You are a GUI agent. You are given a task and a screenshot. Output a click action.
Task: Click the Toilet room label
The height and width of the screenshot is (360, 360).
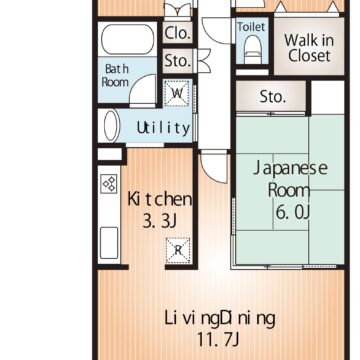(x=251, y=27)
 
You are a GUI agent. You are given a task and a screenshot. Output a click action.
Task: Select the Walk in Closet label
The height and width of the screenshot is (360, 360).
(x=309, y=48)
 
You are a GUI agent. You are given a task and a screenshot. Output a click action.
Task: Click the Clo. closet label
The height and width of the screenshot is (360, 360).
(x=178, y=33)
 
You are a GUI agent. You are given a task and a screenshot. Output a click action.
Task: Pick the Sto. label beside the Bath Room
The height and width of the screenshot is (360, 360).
(x=178, y=61)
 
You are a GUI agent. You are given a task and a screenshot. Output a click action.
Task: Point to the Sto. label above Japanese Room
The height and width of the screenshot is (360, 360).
(x=273, y=97)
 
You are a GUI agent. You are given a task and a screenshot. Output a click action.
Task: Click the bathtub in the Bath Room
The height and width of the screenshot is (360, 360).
(x=128, y=39)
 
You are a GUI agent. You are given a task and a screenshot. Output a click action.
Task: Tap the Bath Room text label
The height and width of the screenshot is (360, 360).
(x=115, y=76)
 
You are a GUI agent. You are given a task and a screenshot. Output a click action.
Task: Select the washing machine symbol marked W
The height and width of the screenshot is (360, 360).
(x=177, y=93)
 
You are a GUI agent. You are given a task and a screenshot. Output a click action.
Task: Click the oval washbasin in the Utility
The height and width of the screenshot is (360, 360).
(x=111, y=125)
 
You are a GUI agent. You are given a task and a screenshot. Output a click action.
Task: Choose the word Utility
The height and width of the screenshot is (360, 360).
(x=163, y=128)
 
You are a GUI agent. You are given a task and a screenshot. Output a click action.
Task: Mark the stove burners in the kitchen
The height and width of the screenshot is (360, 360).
(x=109, y=184)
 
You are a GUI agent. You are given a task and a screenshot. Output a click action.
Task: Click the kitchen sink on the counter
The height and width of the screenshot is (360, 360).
(x=109, y=243)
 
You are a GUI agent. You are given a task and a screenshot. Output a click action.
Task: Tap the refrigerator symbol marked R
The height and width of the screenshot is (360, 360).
(x=178, y=250)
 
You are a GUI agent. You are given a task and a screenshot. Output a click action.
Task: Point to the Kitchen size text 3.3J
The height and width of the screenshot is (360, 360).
(x=159, y=221)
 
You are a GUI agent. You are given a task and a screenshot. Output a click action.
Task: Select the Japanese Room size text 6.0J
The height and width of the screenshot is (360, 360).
(x=293, y=212)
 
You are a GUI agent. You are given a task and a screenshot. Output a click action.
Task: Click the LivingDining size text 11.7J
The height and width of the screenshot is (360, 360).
(x=218, y=340)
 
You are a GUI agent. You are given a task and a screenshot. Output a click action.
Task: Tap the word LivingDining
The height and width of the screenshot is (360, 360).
(x=220, y=319)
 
